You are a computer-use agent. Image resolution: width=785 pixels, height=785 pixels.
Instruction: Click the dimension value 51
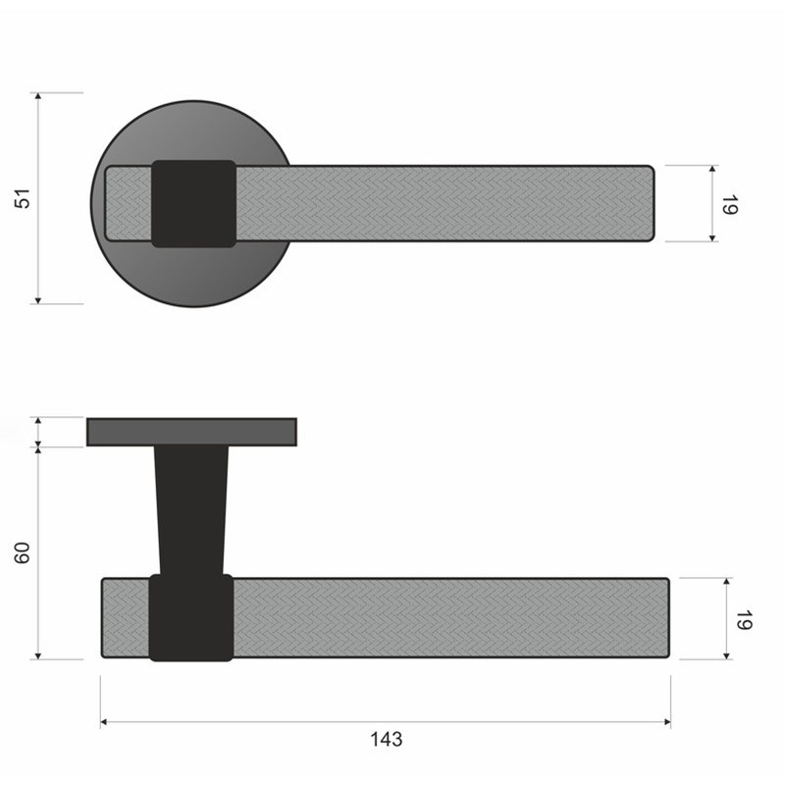pos(24,198)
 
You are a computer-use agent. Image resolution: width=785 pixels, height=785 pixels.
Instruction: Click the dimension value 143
pos(386,739)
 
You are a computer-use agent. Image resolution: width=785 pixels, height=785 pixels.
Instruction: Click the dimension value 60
pos(23,552)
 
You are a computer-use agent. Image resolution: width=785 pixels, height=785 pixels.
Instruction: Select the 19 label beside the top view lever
pos(730,205)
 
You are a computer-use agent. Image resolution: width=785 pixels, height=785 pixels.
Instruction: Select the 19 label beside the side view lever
pos(744,620)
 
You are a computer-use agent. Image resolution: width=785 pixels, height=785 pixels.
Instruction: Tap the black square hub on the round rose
pos(193,204)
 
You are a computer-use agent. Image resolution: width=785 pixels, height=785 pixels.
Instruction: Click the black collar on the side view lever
pos(191,618)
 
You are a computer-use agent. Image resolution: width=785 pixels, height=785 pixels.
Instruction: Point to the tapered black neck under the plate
pos(191,509)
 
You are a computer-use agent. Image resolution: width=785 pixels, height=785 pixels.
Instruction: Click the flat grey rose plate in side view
pos(191,432)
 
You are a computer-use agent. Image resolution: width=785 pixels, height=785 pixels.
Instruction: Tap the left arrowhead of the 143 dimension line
pos(103,722)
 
